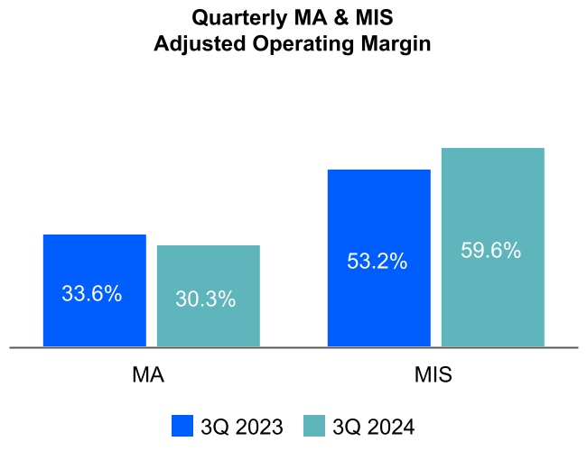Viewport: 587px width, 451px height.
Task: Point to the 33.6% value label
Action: click(x=92, y=293)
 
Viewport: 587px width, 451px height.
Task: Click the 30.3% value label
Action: click(x=206, y=299)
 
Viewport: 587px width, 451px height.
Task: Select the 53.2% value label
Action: click(x=377, y=262)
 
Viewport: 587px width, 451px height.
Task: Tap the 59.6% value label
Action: click(x=491, y=251)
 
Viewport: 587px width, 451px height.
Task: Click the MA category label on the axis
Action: click(x=148, y=375)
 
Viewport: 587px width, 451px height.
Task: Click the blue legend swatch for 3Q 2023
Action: click(x=182, y=426)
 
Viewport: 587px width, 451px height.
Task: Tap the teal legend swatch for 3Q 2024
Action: click(x=313, y=426)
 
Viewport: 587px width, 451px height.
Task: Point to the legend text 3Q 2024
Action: click(x=373, y=426)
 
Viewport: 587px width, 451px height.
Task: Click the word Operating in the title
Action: click(x=301, y=44)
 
